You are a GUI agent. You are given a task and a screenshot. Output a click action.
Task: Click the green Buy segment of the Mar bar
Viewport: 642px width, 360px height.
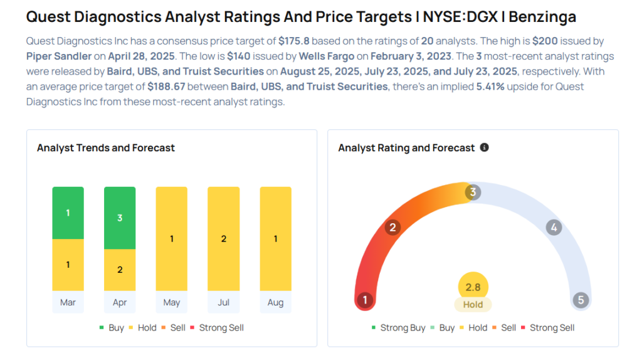[x=68, y=213]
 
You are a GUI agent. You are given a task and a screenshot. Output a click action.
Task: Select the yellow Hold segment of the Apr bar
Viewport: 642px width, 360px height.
[x=120, y=270]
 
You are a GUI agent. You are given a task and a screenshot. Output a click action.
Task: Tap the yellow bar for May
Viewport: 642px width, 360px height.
[x=172, y=238]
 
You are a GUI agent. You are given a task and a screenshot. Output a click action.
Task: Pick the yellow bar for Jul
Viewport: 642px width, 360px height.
[x=224, y=238]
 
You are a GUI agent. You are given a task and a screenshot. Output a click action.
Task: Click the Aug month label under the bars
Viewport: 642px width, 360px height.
[x=275, y=302]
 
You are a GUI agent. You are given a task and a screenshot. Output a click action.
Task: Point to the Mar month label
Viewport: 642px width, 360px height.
[x=68, y=302]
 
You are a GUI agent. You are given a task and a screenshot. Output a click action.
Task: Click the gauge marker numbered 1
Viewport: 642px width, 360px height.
[x=364, y=300]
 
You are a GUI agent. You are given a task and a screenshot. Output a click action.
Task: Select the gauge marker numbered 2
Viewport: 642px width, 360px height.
[x=392, y=227]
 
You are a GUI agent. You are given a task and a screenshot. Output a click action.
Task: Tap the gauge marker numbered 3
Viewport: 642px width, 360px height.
[x=473, y=192]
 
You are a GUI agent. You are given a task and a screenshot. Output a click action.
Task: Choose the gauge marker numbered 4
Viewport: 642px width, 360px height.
[x=553, y=227]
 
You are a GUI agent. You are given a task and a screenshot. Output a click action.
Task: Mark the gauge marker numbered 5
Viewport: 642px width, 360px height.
[x=581, y=300]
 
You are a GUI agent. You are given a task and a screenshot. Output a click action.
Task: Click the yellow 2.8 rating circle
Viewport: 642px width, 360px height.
[x=473, y=287]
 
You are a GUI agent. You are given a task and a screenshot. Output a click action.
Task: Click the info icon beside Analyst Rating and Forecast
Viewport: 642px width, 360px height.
[x=484, y=147]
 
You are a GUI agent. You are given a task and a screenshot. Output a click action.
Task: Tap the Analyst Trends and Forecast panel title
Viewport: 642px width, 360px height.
[x=105, y=148]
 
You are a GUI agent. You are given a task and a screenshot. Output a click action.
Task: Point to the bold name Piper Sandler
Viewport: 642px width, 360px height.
[x=59, y=56]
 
